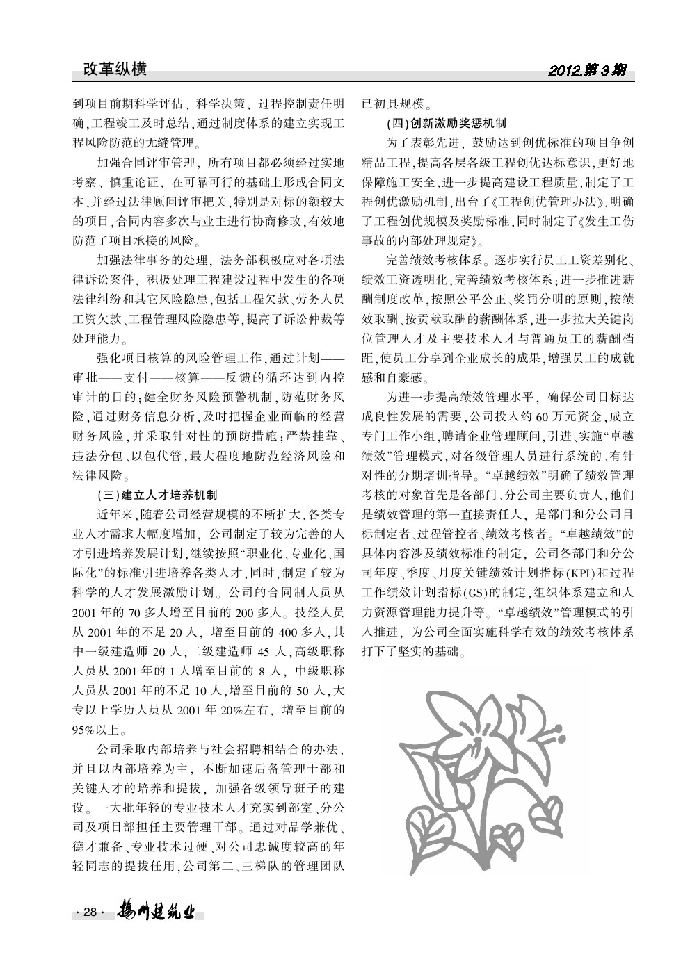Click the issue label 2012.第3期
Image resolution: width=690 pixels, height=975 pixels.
coord(588,70)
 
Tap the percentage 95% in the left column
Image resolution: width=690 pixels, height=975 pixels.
coord(86,730)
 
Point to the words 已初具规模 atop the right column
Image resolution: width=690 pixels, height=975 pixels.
coord(392,104)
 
